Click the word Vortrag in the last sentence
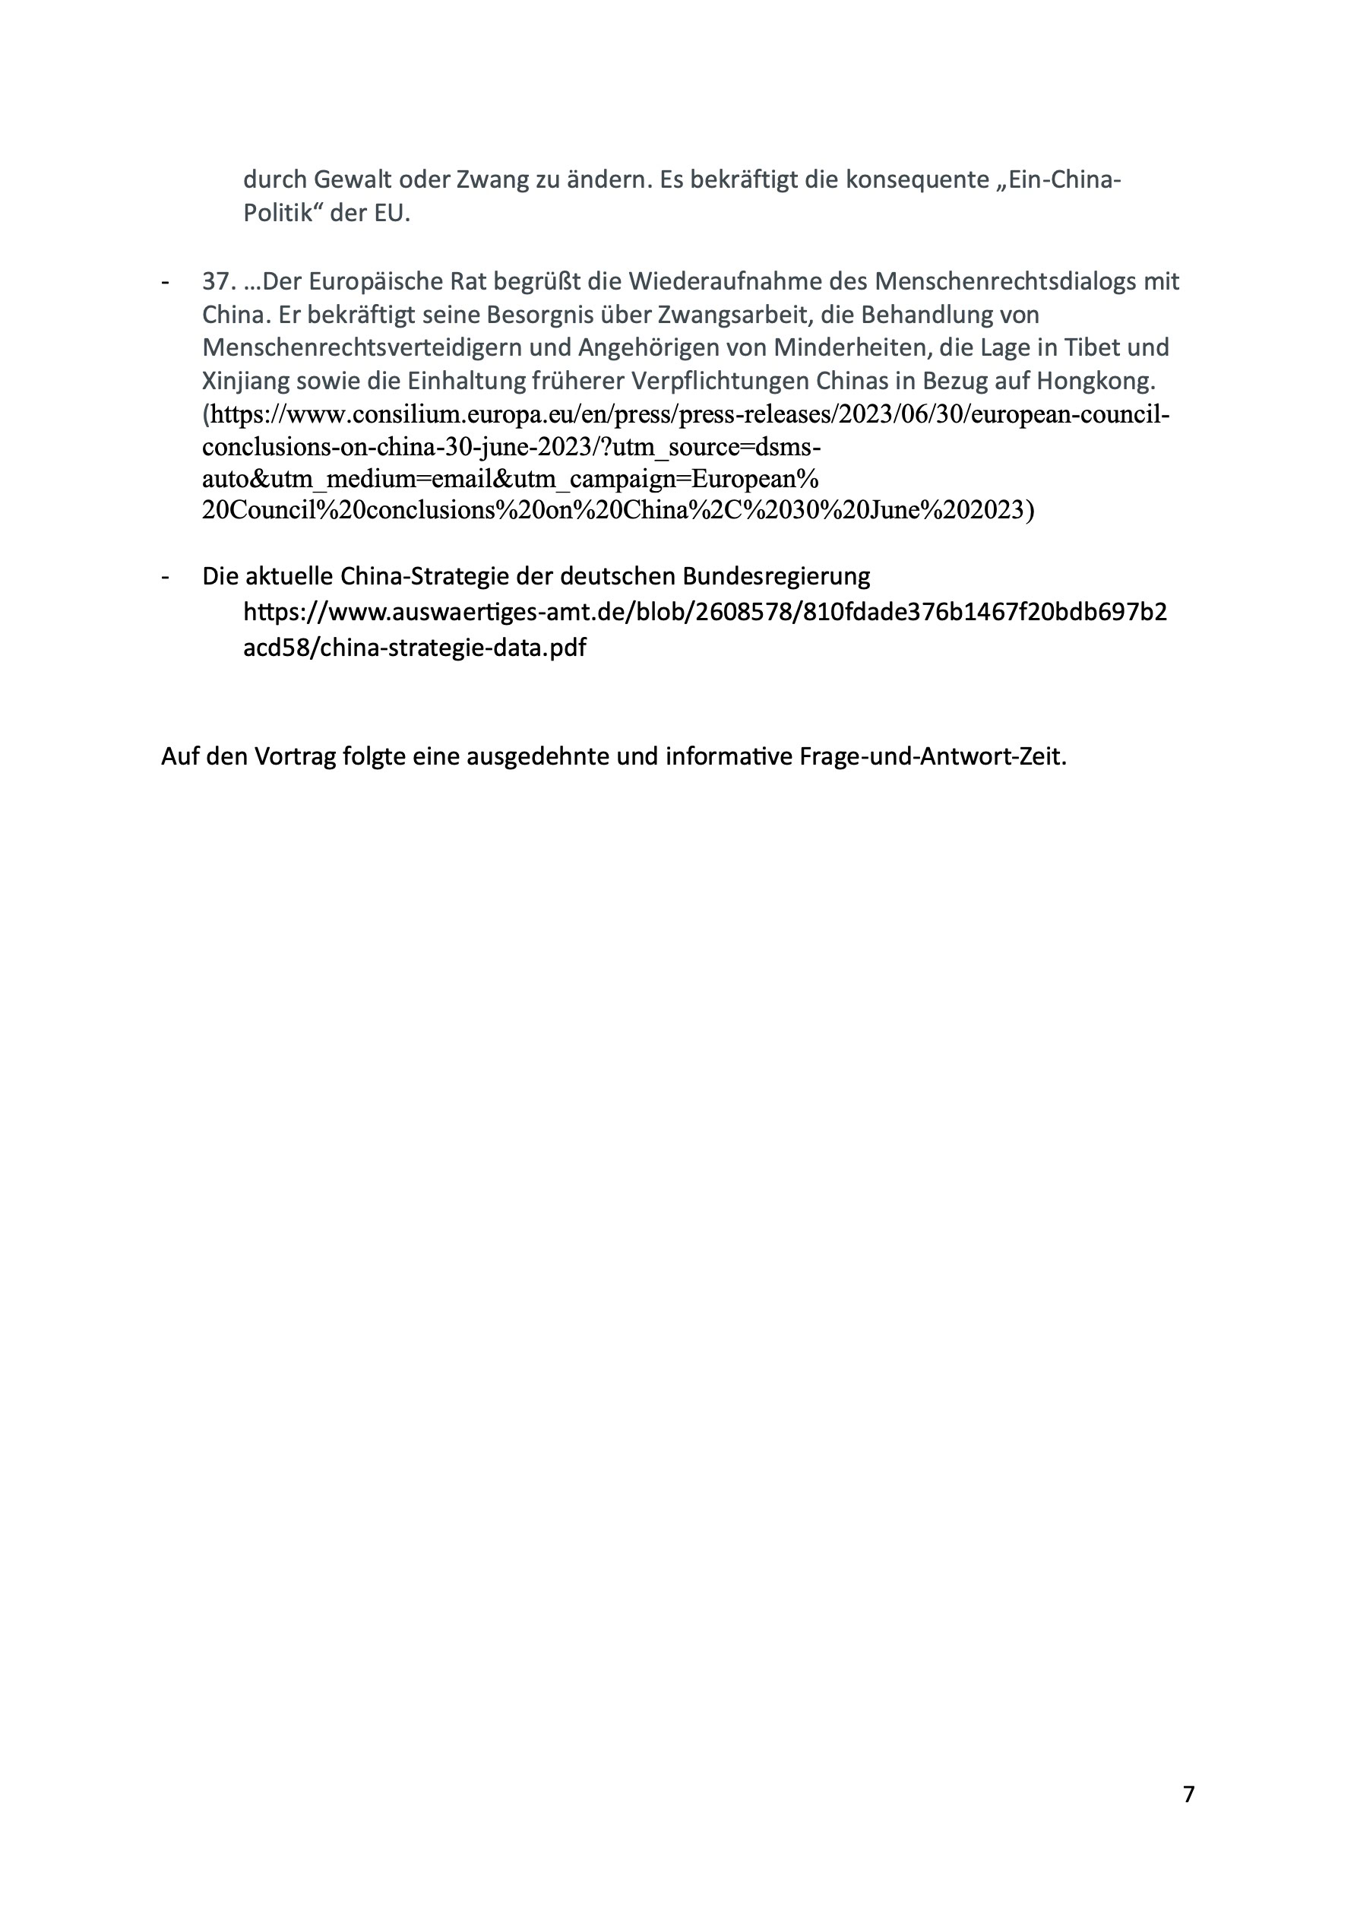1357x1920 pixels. (294, 757)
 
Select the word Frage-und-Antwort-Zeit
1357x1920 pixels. (933, 757)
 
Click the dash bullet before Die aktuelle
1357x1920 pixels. (165, 576)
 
